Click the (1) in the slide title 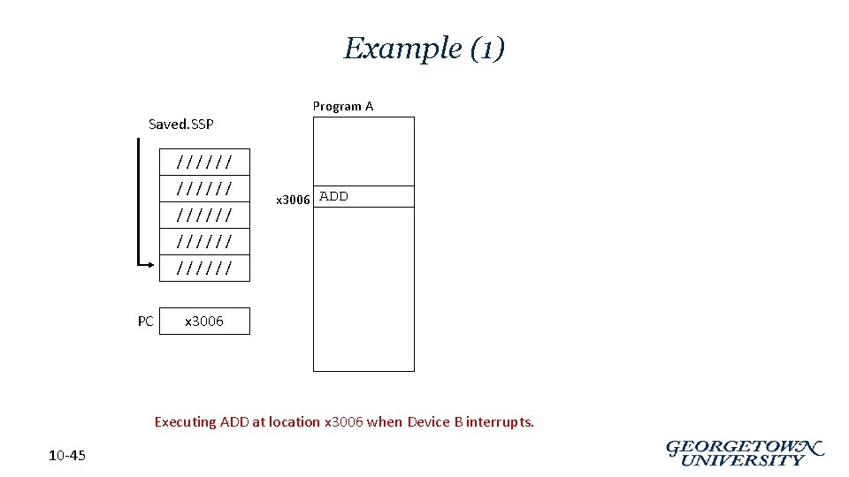(x=487, y=49)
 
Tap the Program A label (x=343, y=106)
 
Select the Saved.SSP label (x=180, y=124)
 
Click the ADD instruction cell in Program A (x=363, y=196)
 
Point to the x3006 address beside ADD (x=293, y=200)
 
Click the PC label (x=146, y=321)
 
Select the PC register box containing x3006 (x=204, y=321)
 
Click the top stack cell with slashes (x=204, y=162)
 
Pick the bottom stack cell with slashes (x=204, y=268)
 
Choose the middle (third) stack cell (x=204, y=215)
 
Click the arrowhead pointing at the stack (x=153, y=262)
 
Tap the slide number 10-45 (x=67, y=456)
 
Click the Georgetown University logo (x=745, y=453)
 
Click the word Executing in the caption (x=185, y=422)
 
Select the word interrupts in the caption (x=500, y=422)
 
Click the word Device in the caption (x=429, y=422)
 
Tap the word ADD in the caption (x=234, y=422)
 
